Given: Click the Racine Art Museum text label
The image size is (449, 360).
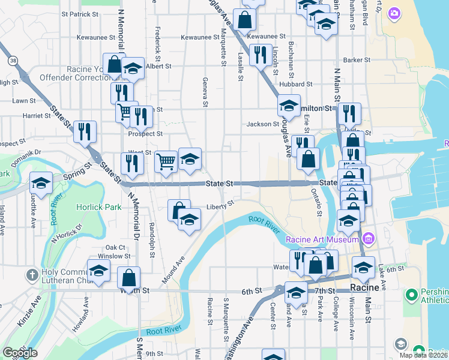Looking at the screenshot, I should click(322, 240).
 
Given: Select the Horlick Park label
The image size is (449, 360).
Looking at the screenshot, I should click(98, 207).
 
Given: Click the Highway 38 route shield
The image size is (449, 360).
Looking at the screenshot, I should click(12, 61).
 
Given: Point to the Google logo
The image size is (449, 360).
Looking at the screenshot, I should click(20, 353).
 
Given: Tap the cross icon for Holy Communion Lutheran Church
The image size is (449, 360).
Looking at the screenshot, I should click(32, 275).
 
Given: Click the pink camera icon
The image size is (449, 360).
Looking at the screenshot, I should click(394, 13).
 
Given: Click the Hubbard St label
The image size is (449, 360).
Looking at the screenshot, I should click(296, 85).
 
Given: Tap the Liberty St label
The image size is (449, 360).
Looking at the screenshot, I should click(220, 205).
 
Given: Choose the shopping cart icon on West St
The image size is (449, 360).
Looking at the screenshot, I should click(165, 161).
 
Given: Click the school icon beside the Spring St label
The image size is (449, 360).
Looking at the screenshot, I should click(41, 184).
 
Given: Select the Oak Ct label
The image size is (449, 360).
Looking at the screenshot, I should click(115, 247).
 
